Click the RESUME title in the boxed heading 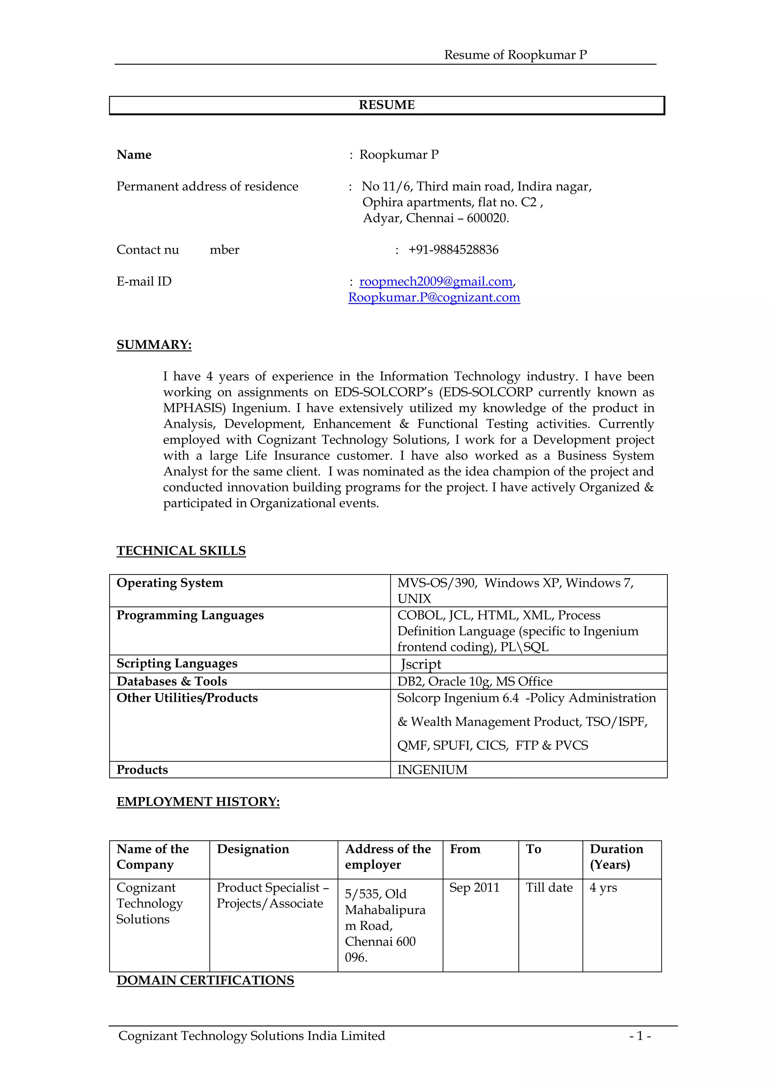point(387,105)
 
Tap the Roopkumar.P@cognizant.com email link point(434,298)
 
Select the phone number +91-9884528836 point(453,250)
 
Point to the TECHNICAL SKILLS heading point(181,551)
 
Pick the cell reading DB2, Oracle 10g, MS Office point(475,682)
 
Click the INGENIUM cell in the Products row point(432,770)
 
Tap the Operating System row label point(169,583)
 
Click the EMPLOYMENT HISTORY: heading point(198,802)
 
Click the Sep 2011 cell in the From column point(474,888)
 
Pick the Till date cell point(549,888)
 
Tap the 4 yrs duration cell point(603,888)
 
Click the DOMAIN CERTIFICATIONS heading point(205,980)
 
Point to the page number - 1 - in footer point(640,1036)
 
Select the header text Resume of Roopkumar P point(515,55)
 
